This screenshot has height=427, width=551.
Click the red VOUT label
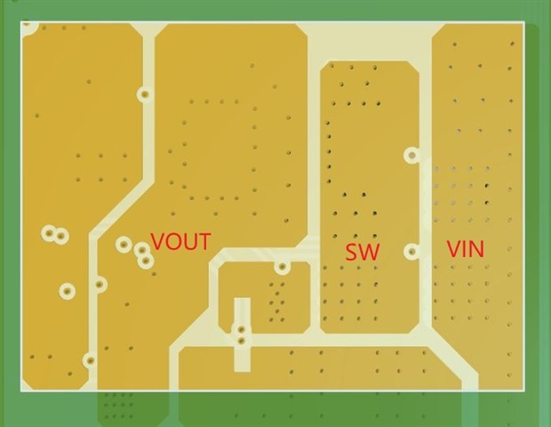click(181, 241)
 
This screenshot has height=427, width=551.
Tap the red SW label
click(363, 252)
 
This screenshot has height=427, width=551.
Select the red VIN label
click(465, 248)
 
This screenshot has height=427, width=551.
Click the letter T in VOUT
click(204, 241)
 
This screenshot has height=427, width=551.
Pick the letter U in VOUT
click(189, 241)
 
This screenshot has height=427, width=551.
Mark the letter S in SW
click(352, 252)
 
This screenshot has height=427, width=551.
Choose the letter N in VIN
click(477, 248)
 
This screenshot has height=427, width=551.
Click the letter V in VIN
click(452, 248)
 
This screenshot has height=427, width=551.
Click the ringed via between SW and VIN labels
click(411, 252)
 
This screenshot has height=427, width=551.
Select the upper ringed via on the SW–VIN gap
click(411, 156)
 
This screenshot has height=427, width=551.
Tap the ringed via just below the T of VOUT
click(283, 266)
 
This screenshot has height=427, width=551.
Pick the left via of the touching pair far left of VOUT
click(49, 233)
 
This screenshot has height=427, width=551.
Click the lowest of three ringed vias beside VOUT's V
click(145, 261)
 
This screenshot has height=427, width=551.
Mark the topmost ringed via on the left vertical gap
click(144, 93)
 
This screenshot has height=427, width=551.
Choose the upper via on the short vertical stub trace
click(240, 330)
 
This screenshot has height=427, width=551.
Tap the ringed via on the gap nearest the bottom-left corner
click(90, 360)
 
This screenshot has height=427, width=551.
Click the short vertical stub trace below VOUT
click(240, 334)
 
